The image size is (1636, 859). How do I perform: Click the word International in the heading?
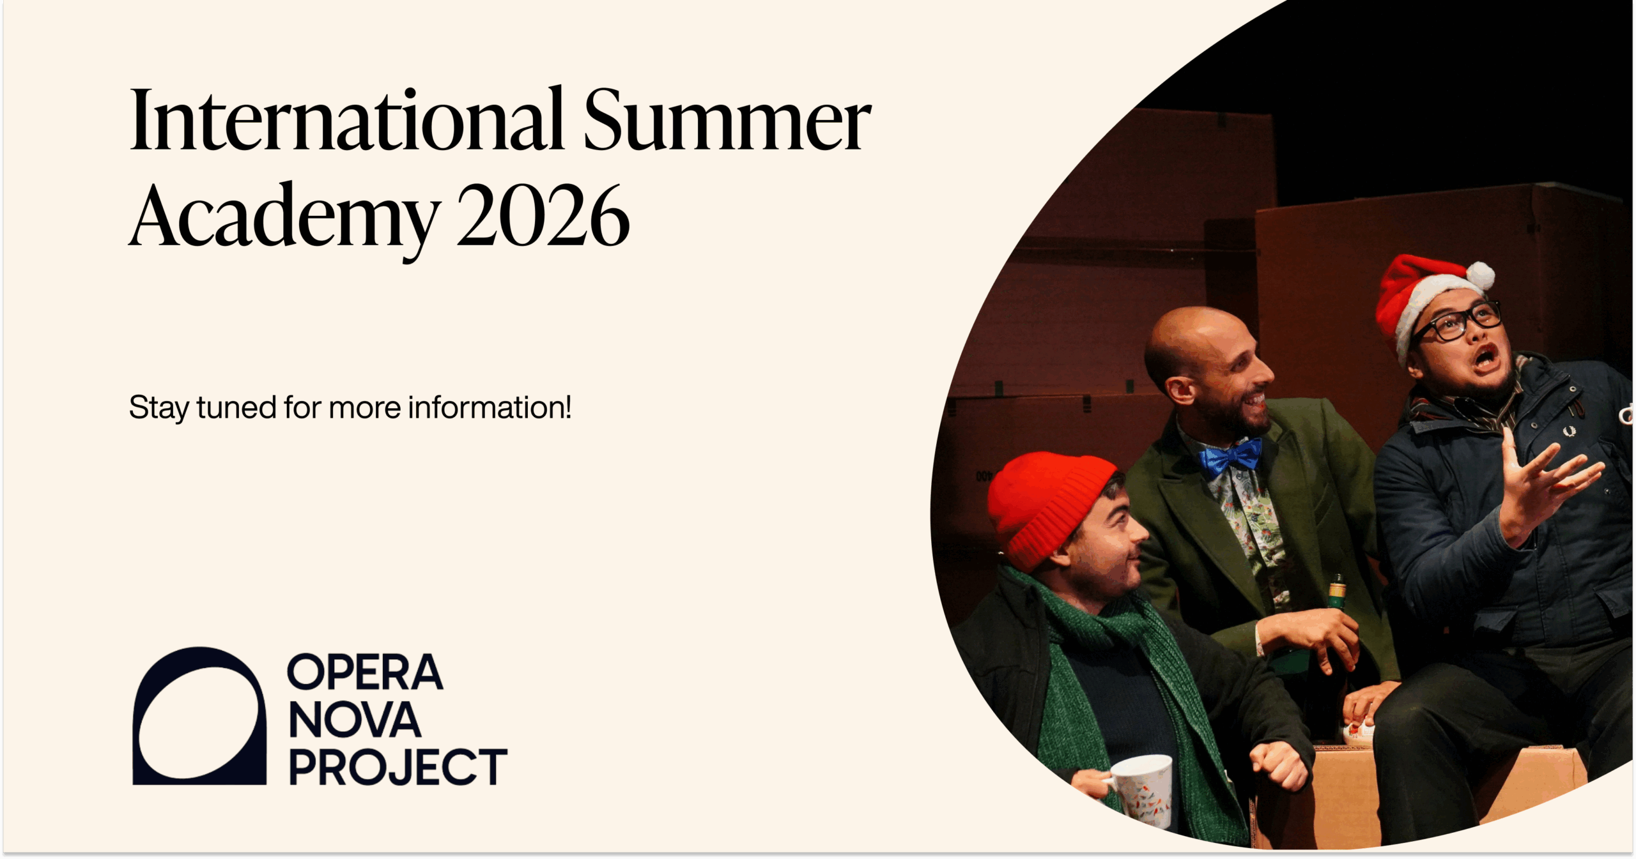(346, 119)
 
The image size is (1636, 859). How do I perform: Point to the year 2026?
(543, 215)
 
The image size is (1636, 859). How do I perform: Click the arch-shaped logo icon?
(199, 716)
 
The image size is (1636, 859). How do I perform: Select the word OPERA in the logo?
(365, 672)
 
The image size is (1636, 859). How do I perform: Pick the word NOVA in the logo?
(355, 720)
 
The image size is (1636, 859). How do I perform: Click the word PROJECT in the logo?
(398, 766)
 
